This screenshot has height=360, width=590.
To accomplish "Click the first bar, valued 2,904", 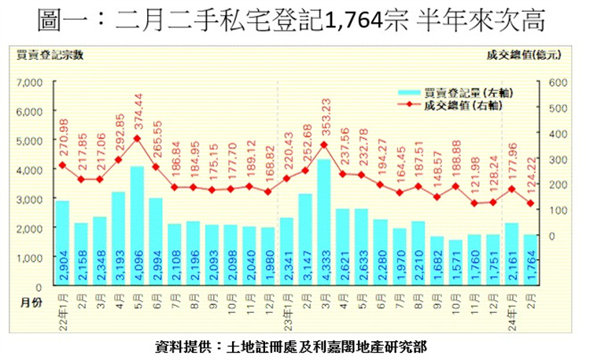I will coord(62,244).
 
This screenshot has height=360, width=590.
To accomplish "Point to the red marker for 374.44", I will coord(137,138).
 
